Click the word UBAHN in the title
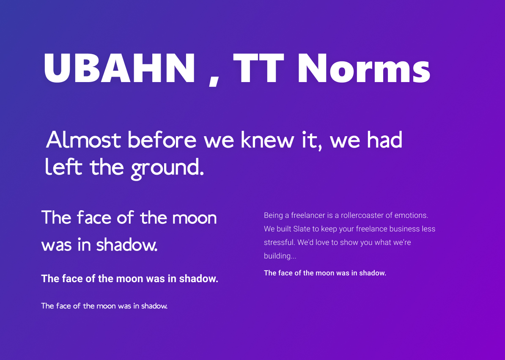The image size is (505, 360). tap(120, 68)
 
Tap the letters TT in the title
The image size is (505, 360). tap(258, 68)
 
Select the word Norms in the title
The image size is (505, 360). tap(364, 68)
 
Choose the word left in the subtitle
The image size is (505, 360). tap(63, 167)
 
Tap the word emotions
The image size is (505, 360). tap(411, 215)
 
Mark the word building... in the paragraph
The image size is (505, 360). tap(280, 256)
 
